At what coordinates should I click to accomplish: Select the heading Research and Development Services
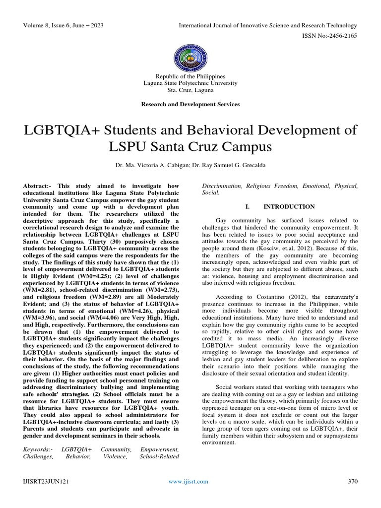190,104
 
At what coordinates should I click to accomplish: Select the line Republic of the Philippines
190,76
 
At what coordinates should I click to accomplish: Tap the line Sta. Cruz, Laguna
190,91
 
